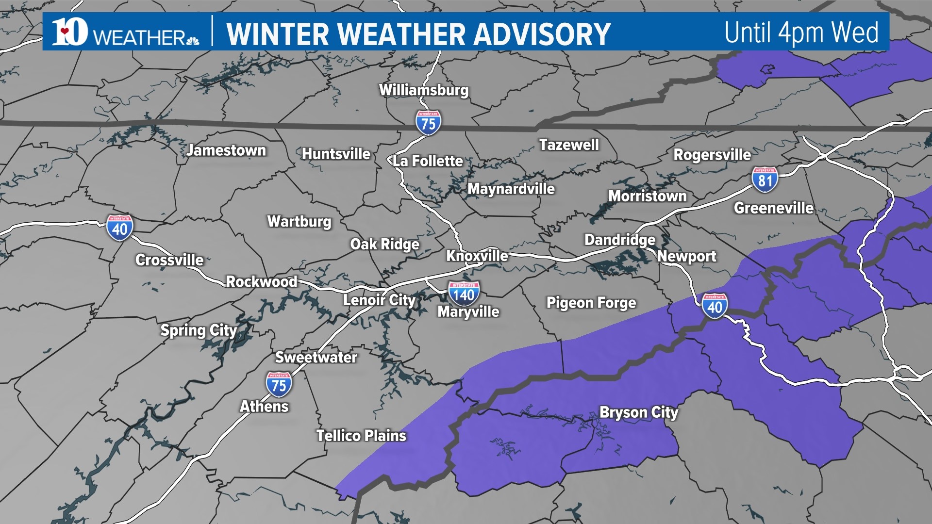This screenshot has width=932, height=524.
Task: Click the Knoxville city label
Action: pos(477,256)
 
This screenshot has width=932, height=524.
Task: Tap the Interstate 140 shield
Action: pos(464,293)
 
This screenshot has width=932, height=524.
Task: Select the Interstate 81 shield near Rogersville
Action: pos(765,179)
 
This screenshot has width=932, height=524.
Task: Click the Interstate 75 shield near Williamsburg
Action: pos(428,123)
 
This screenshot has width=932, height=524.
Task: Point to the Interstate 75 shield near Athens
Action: pos(279,384)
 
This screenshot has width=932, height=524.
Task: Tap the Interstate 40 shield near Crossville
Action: pos(119,228)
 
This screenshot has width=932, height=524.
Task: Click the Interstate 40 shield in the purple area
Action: pos(715,306)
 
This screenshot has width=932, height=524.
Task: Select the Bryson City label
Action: pos(639,412)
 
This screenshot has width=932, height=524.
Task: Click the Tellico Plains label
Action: pos(361,436)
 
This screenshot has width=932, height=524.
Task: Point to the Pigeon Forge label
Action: pos(591,303)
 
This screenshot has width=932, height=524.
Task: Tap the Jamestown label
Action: pos(226,150)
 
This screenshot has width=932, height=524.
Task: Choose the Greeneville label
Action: pos(773,208)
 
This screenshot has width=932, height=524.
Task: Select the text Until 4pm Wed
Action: pos(801,33)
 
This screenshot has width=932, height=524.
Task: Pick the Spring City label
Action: pos(199,330)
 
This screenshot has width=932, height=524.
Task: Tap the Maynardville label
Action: pos(511,189)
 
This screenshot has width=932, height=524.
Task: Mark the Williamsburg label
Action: pos(424,90)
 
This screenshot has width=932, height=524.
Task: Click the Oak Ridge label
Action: pos(384,244)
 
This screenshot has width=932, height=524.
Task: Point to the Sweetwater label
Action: pos(316,358)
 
